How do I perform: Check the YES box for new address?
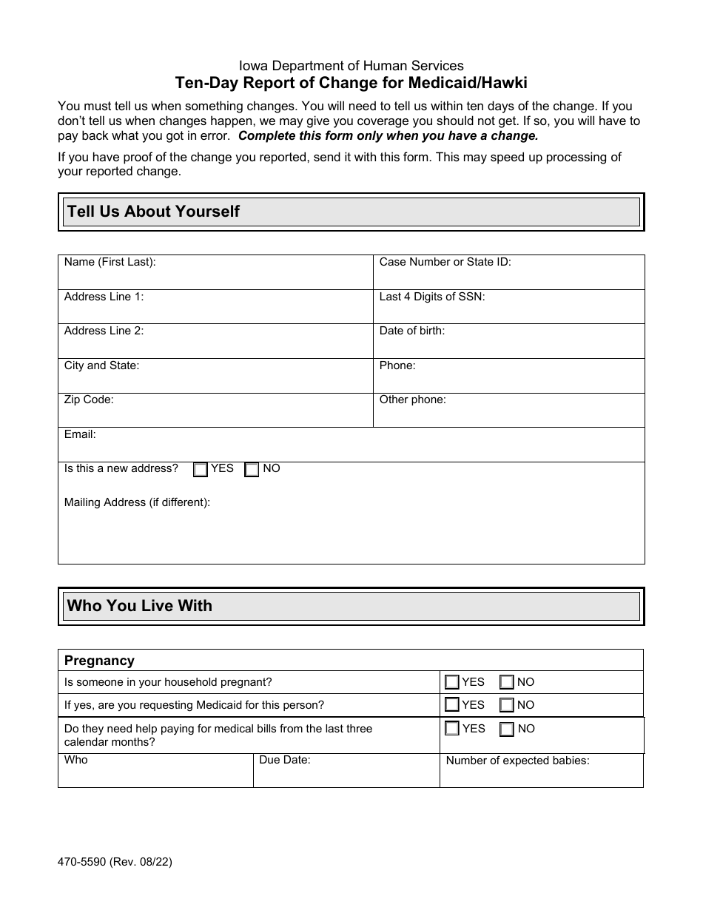201,470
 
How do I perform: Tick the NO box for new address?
252,470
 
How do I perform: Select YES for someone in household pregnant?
451,682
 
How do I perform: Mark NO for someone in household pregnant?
507,682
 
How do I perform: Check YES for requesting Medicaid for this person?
451,705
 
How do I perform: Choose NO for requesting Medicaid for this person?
507,705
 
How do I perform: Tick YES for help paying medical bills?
451,729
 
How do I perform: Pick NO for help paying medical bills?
507,729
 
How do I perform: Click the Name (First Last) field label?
110,262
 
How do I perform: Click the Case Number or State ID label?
445,262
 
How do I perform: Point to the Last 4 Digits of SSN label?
432,297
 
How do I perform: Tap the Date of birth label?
412,331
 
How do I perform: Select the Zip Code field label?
89,400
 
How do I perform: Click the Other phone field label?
413,400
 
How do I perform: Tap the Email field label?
80,434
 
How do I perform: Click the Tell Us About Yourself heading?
153,212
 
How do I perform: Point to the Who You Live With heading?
140,606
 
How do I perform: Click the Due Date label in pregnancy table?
285,760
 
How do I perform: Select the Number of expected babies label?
517,761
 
